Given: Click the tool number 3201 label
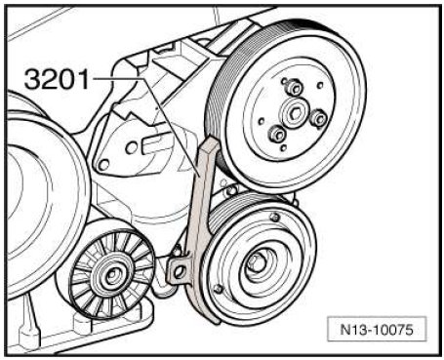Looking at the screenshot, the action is pos(57,79).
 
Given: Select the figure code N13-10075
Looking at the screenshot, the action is pos(377,329).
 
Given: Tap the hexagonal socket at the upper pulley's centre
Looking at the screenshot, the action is pos(296,113).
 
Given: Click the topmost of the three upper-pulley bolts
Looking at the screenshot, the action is pos(295,88).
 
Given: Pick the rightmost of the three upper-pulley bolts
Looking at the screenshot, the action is pos(318,118).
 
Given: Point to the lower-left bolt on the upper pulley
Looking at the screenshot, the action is pos(277,134).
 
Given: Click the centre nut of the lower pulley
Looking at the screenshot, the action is pos(257,263).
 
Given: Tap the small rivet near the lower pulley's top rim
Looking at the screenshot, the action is pos(275,217).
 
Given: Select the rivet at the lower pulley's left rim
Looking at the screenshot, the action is pos(219,288).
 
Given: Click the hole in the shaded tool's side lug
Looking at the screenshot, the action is pos(179,272).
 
